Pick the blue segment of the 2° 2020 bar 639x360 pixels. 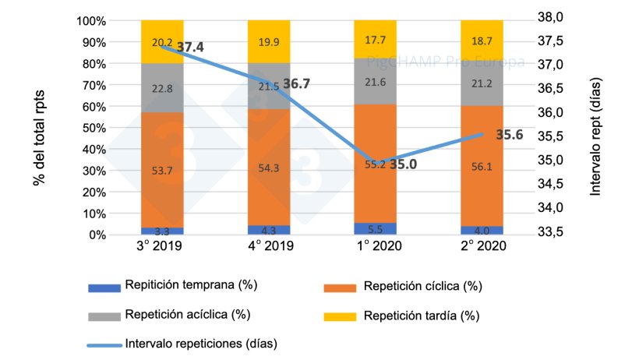tap(482, 230)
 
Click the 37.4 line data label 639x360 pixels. tap(190, 48)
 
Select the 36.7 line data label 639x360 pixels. tap(296, 83)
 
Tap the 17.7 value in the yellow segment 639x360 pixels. tap(375, 40)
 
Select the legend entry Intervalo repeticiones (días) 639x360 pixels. tap(201, 343)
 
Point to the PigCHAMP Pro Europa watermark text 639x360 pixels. tap(465, 62)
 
